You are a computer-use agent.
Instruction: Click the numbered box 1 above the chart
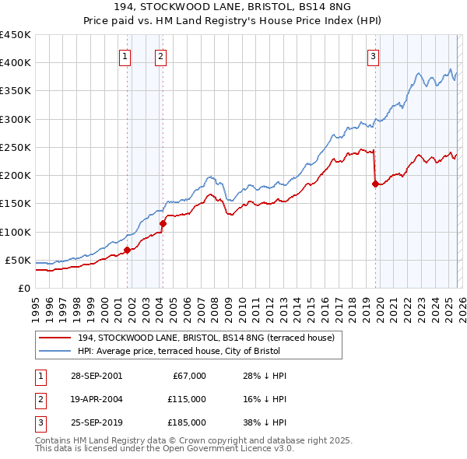coord(125,55)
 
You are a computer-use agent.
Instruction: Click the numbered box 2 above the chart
coord(160,55)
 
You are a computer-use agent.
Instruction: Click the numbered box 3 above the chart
coord(374,55)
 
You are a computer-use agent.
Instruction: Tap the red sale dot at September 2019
coord(375,184)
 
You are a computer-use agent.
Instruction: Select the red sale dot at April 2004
coord(163,223)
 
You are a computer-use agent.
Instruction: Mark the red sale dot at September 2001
coord(127,251)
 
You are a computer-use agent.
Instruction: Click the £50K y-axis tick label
coord(18,260)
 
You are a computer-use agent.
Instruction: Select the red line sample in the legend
coord(55,338)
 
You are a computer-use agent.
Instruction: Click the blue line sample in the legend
coord(55,351)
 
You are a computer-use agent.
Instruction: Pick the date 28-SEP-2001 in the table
coord(96,376)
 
